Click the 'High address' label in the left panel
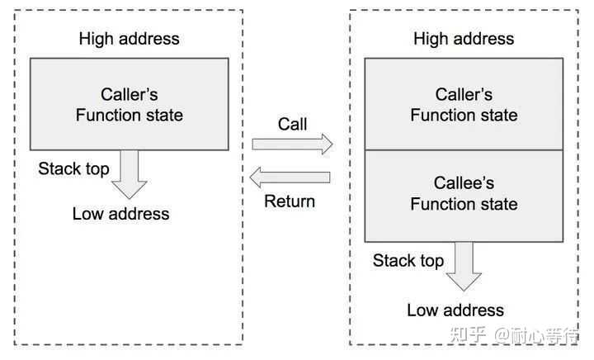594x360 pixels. [x=129, y=39]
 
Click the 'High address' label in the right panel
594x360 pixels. [x=464, y=39]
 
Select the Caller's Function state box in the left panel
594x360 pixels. [x=129, y=104]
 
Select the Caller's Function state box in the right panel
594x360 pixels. [x=464, y=104]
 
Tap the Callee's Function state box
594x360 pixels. [x=464, y=194]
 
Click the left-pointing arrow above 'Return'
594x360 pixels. [x=290, y=176]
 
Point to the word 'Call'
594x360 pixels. [x=292, y=125]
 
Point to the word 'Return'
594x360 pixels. [x=290, y=201]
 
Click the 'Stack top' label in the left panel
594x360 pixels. [x=73, y=169]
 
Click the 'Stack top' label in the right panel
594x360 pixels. [x=408, y=261]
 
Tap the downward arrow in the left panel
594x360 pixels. [x=130, y=174]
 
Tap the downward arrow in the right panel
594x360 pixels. [x=464, y=266]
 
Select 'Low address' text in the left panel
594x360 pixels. [x=120, y=214]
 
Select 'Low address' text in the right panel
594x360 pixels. [x=455, y=310]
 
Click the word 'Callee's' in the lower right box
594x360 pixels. [x=464, y=183]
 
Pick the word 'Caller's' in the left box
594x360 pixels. [x=129, y=94]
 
